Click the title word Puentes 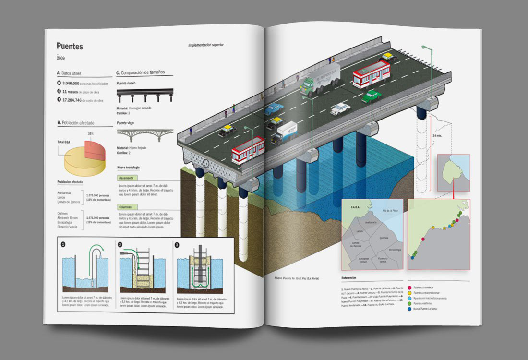[70, 47]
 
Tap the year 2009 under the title [60, 58]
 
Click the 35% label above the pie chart [90, 133]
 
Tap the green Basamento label [127, 178]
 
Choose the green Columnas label [126, 207]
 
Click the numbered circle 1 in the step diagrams [63, 244]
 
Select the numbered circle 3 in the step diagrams [177, 244]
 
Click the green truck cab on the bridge [308, 85]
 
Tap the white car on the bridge [340, 108]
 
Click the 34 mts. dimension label [437, 136]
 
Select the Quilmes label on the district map [383, 237]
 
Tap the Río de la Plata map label [389, 211]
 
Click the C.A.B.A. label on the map [355, 208]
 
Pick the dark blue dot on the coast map [412, 258]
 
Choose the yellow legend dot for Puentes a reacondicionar [409, 292]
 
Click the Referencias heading [349, 278]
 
